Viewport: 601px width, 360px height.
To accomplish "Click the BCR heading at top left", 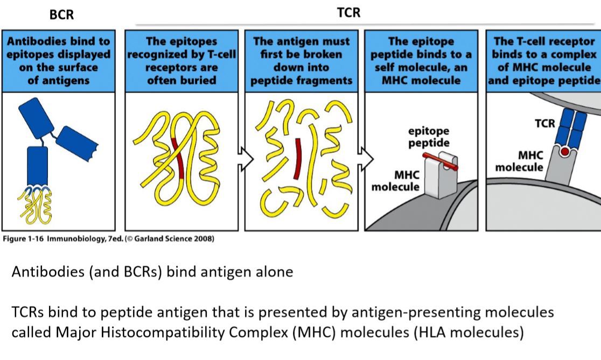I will pyautogui.click(x=61, y=15).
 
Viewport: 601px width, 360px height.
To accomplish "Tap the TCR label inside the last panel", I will pyautogui.click(x=544, y=124).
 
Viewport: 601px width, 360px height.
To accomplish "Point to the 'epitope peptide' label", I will pyautogui.click(x=429, y=137).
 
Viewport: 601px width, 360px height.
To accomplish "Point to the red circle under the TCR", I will pyautogui.click(x=564, y=152).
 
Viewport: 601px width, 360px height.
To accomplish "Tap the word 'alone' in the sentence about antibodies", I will pyautogui.click(x=275, y=272).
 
